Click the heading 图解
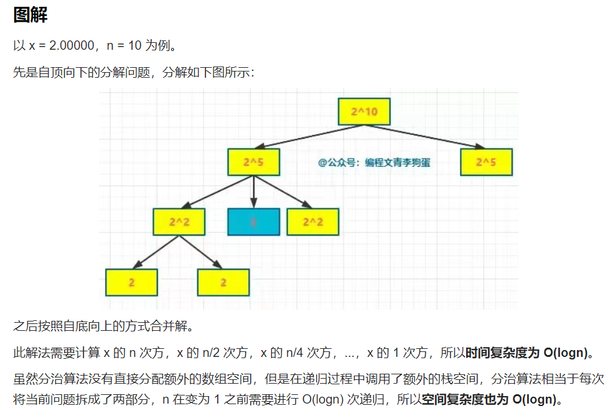[x=30, y=16]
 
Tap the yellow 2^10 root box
[x=364, y=112]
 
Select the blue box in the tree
[x=253, y=222]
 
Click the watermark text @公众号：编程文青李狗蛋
[x=374, y=162]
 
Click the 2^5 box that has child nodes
[x=254, y=162]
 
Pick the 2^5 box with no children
[x=486, y=162]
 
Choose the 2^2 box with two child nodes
[x=179, y=222]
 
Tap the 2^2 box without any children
[x=313, y=222]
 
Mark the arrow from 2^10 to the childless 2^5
[x=429, y=137]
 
